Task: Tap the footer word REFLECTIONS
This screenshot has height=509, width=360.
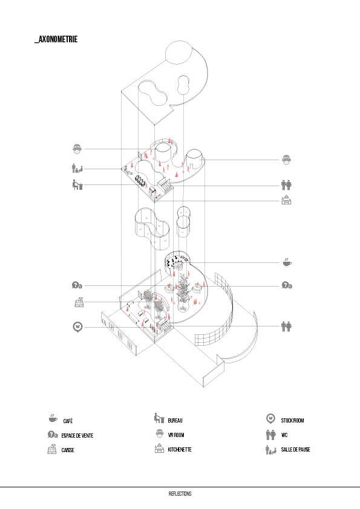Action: coord(180,494)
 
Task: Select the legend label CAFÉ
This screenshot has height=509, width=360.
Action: coord(68,421)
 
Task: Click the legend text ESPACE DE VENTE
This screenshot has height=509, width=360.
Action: coord(77,436)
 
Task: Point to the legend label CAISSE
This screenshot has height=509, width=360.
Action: coord(68,450)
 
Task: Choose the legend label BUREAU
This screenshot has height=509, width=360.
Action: coord(175,420)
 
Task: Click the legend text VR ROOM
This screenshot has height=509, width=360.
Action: coord(176,435)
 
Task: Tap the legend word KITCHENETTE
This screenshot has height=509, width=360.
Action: coord(180,450)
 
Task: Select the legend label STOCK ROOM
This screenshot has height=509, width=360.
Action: coord(292,420)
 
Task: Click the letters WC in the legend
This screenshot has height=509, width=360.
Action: coord(284,435)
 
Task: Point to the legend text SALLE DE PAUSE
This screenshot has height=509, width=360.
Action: coord(295,450)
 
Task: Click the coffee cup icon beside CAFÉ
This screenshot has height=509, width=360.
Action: coord(53,418)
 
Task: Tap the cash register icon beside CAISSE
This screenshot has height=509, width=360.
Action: coord(52,449)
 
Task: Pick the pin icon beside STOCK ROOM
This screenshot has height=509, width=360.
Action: coord(270,419)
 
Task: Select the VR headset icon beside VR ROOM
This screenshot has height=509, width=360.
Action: coord(159,433)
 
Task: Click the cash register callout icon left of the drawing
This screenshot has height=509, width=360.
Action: coord(79,302)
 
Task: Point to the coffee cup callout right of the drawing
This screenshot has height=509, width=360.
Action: coord(287,262)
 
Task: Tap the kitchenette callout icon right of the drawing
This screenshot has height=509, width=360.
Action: coord(286,200)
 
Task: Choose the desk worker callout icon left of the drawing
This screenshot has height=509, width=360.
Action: coord(77,185)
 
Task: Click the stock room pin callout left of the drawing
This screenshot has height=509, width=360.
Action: coord(77,326)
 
